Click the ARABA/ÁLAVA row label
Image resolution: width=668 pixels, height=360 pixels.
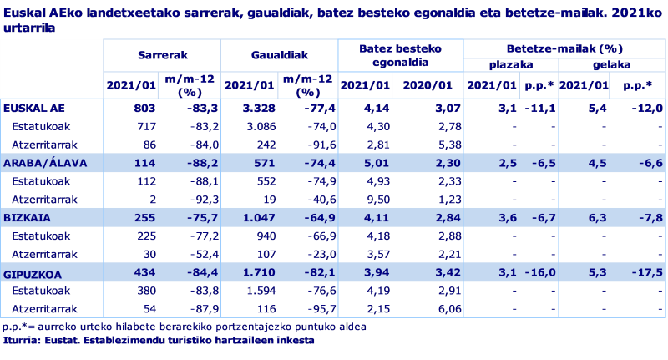pos(45,163)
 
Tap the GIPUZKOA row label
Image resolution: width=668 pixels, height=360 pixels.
pos(33,273)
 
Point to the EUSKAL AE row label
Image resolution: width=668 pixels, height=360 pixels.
pos(34,108)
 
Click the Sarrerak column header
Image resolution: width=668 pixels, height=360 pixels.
pos(162,54)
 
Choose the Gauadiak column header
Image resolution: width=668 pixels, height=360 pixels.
pos(280,54)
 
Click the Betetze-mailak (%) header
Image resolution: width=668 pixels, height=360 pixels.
pos(565,49)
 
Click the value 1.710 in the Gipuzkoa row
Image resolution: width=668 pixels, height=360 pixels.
pos(250,273)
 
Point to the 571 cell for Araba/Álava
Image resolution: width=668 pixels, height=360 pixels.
pos(257,163)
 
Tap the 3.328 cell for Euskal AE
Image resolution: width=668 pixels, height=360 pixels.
pos(250,108)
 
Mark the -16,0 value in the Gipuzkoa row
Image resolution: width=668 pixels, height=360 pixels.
pos(541,273)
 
